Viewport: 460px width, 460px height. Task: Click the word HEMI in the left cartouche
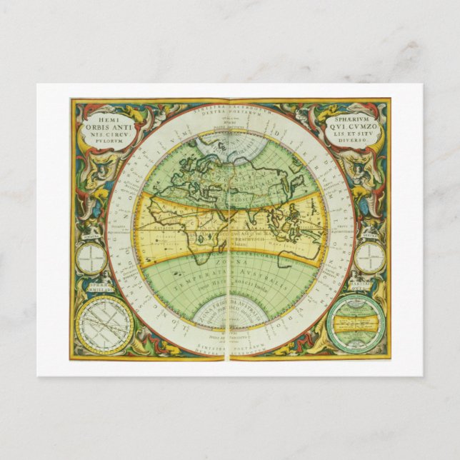(x=104, y=113)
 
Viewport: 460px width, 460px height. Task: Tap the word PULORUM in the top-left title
(x=104, y=140)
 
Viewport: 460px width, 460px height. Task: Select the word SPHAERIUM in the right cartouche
(x=352, y=112)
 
